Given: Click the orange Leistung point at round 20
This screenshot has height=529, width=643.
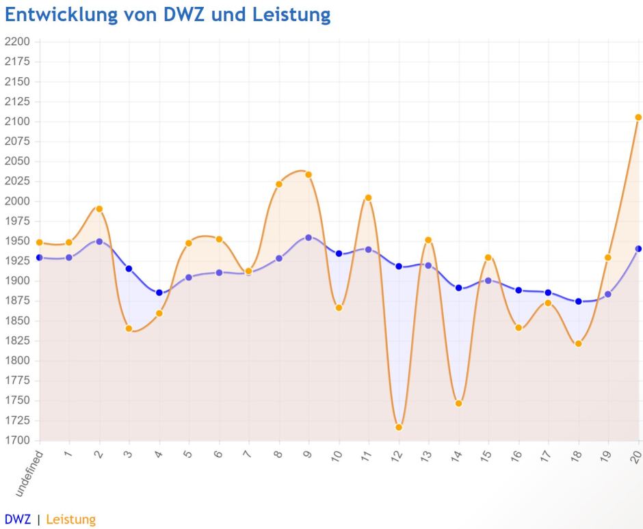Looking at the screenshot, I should coord(638,118).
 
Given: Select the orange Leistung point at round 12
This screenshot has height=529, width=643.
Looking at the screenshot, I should coord(399,427).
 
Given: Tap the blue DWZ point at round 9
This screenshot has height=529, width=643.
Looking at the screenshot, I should coord(309,238).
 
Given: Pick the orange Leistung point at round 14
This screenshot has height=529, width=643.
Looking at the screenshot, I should coord(458,403).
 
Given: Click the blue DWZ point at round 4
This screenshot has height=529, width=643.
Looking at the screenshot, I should coord(159,293).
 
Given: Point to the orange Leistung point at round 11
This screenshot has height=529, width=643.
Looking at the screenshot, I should coord(368,198).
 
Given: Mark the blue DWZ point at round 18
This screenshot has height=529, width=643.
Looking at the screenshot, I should coord(579,301).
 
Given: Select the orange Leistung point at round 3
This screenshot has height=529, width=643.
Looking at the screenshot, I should coord(129,329).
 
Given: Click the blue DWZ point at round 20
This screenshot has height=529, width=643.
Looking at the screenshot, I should coord(638,249).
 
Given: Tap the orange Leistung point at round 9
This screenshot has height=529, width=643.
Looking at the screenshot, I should coord(309,174).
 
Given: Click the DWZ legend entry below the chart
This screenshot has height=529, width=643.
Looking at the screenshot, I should coord(17,519).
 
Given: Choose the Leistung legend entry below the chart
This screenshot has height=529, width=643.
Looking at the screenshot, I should coord(70,519).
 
